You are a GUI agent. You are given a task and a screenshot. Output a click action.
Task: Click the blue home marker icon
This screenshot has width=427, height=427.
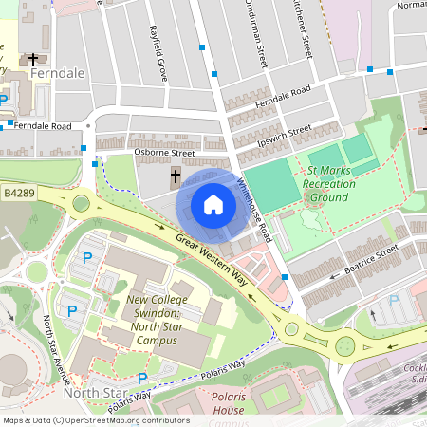[x=213, y=205]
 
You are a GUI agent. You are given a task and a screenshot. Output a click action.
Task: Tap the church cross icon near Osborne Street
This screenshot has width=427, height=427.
[x=176, y=176]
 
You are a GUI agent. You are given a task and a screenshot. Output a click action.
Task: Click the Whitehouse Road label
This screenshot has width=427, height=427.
[x=254, y=210]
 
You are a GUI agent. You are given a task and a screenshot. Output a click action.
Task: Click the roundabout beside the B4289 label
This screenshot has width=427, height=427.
[x=82, y=202]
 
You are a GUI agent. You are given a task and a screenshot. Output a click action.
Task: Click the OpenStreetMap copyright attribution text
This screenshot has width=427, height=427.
[x=97, y=420]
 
